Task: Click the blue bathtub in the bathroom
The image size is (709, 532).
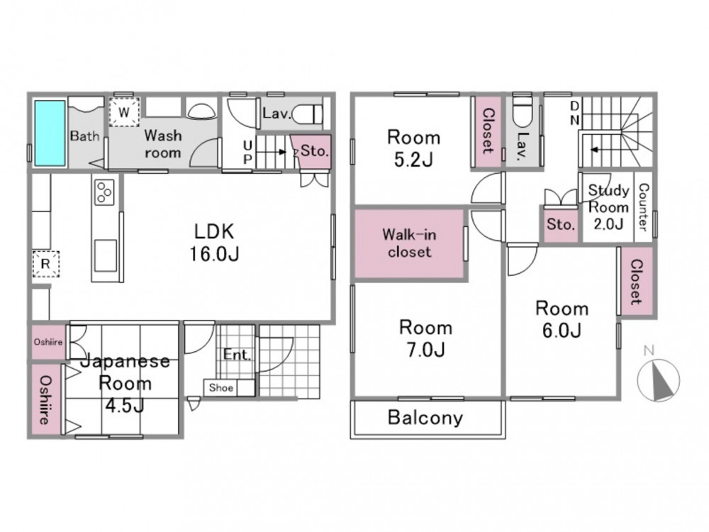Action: click(50, 133)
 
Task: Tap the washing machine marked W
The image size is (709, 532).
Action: click(124, 112)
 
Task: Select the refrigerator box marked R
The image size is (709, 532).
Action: click(45, 263)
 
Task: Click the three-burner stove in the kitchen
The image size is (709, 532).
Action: click(104, 192)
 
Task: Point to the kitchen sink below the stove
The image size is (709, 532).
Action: click(106, 255)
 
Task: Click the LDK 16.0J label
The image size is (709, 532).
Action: click(214, 243)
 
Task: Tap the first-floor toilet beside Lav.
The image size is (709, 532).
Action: click(308, 113)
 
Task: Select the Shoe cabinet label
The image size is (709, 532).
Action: click(221, 388)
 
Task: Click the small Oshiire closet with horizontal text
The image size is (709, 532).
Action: click(48, 342)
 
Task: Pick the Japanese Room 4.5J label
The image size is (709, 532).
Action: click(125, 384)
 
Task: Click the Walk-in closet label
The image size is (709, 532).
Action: click(409, 243)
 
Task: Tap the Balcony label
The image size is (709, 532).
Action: click(425, 418)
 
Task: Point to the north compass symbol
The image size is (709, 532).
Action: click(659, 378)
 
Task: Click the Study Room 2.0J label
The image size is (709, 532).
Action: click(608, 206)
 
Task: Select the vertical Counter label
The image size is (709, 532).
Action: click(644, 207)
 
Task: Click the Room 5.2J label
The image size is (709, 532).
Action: click(414, 148)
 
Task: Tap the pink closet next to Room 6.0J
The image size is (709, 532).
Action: click(637, 281)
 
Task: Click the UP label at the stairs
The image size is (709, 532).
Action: click(247, 152)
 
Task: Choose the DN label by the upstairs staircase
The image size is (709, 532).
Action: click(575, 113)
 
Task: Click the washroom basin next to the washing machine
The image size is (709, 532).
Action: click(201, 110)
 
